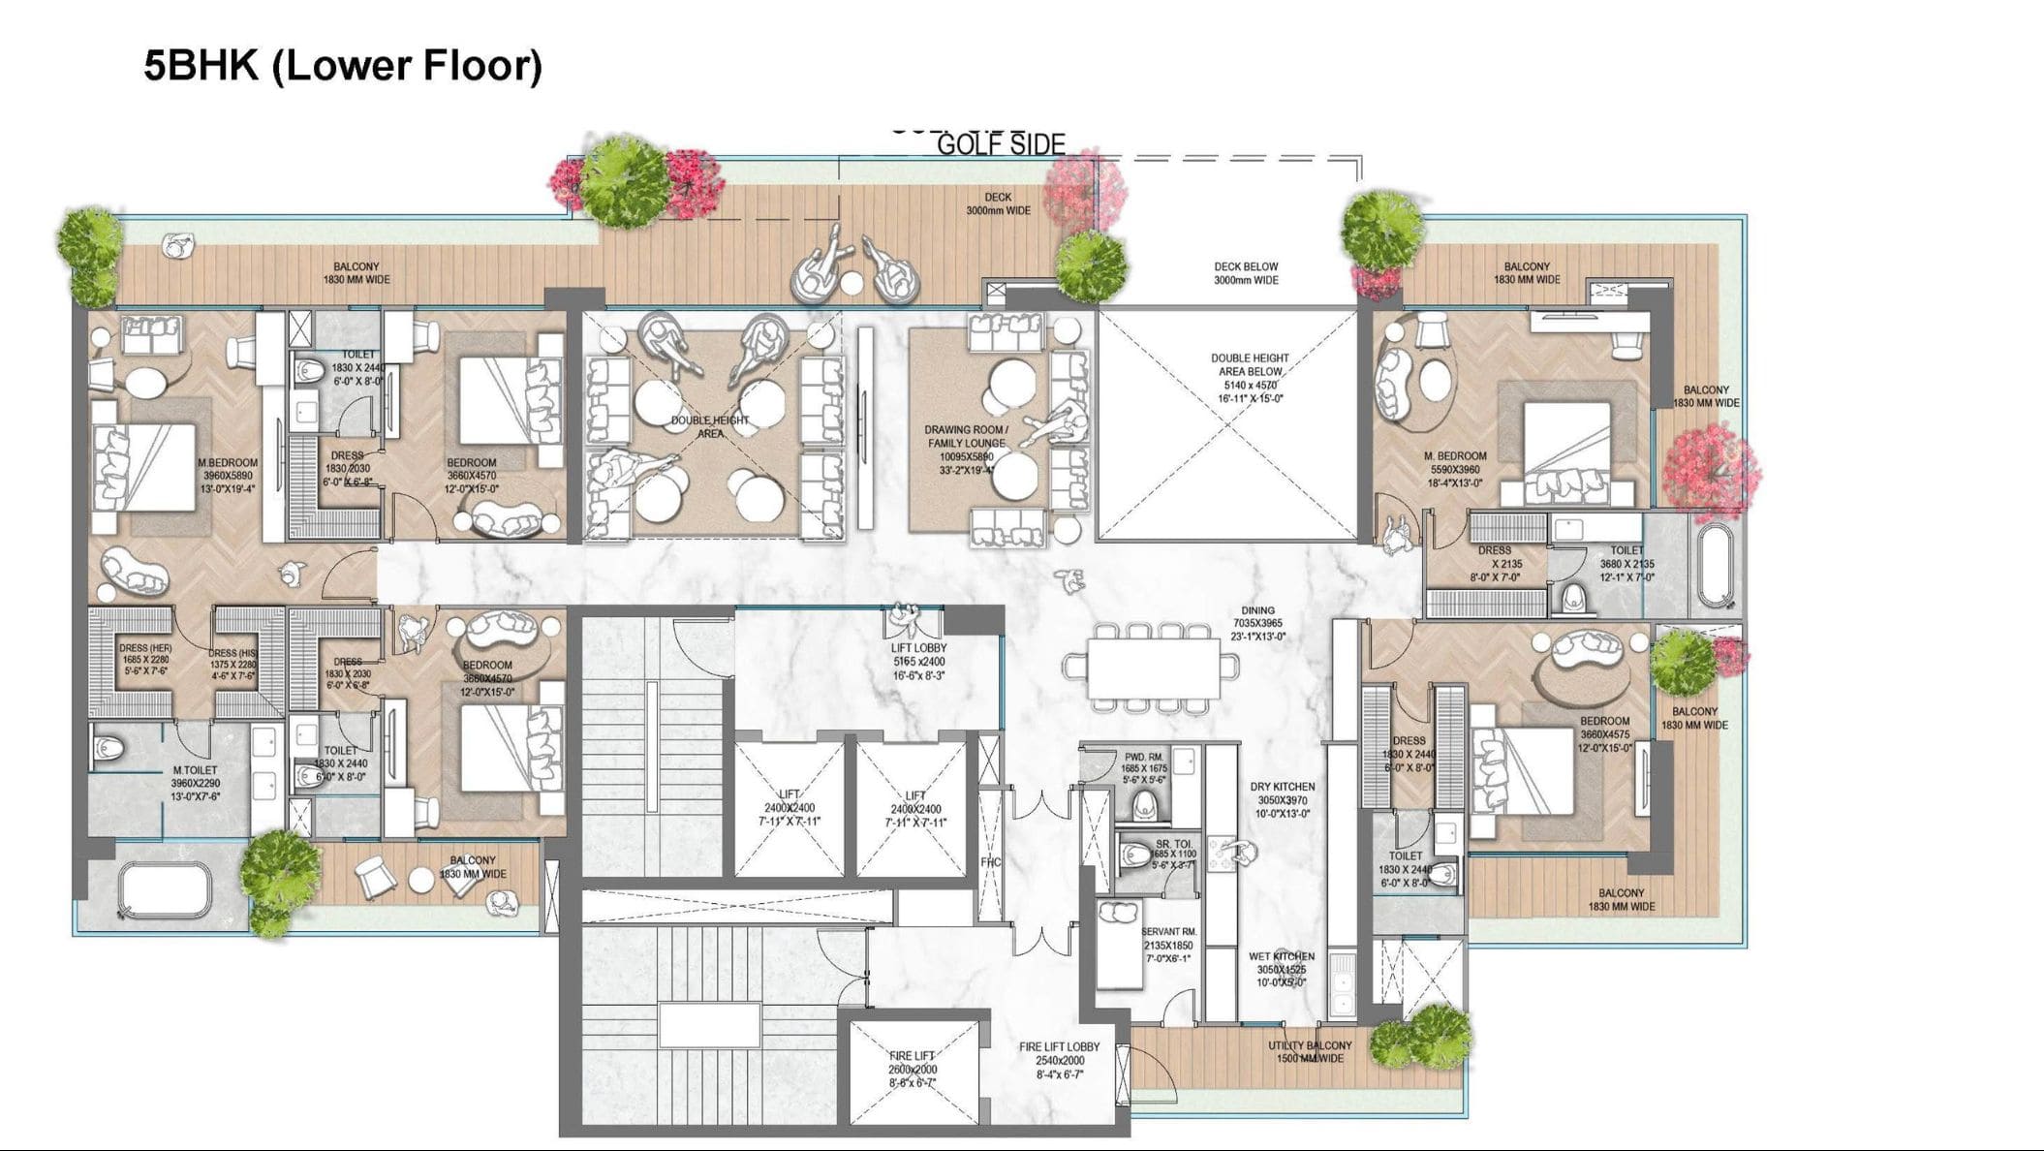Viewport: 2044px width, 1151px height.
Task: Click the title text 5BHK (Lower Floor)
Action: coord(343,66)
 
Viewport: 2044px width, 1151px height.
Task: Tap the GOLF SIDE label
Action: coord(1001,145)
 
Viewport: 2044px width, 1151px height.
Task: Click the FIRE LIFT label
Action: coord(912,1056)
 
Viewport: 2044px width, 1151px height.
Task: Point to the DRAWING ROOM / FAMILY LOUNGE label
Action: coord(965,436)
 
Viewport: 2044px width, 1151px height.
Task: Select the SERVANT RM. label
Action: coord(1168,932)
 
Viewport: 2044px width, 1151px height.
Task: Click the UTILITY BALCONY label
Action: coord(1310,1046)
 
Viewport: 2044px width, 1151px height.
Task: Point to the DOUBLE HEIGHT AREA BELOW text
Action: coord(1250,364)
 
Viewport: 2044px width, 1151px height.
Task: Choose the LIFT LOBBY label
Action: coord(918,648)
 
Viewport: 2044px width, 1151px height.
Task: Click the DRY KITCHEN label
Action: coord(1282,787)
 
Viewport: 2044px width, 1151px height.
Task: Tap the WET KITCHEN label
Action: coord(1282,956)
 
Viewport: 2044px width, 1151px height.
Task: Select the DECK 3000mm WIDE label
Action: coord(998,203)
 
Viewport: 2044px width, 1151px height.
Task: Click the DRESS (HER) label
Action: coord(145,648)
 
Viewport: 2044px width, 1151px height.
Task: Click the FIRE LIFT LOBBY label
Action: coord(1059,1047)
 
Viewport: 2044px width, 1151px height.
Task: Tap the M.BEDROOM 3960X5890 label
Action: coord(228,463)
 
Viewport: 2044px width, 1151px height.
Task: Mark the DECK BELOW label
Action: coord(1246,266)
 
